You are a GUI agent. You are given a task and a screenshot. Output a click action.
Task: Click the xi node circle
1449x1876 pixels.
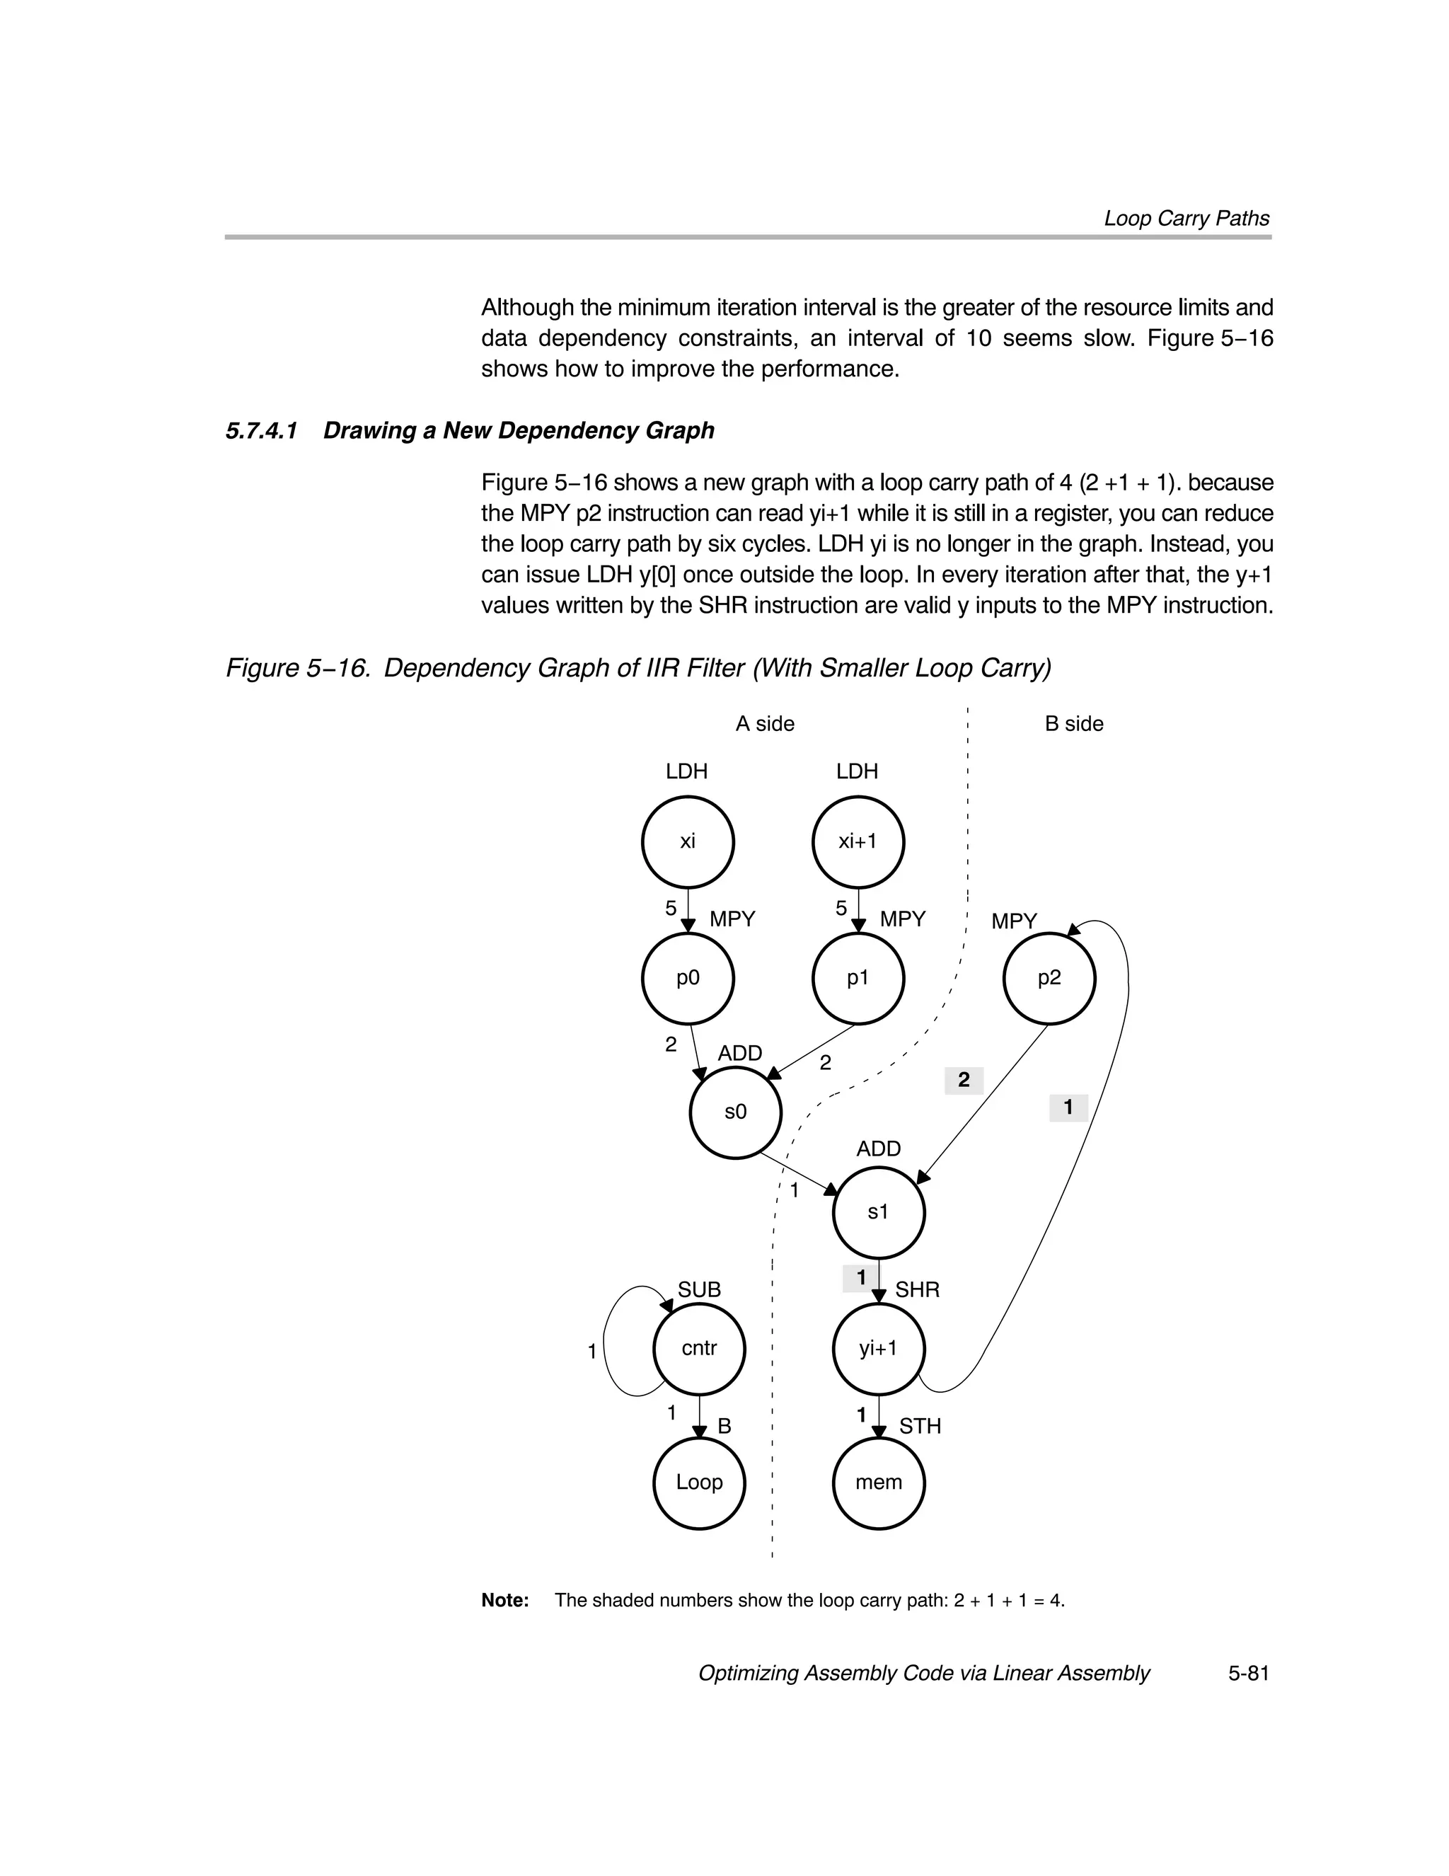click(x=687, y=841)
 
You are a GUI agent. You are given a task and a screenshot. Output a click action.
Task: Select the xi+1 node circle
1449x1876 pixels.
click(x=858, y=841)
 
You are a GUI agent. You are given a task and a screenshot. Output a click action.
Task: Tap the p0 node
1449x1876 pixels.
click(x=687, y=977)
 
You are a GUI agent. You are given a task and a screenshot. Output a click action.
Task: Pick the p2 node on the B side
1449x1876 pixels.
click(x=1048, y=977)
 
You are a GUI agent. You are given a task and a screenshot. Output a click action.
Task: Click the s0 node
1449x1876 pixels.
click(x=735, y=1112)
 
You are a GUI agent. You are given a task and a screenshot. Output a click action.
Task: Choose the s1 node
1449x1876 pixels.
click(x=878, y=1213)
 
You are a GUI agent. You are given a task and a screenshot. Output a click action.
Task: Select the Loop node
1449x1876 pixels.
click(x=698, y=1483)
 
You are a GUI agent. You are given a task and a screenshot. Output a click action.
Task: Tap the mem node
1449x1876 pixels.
click(x=878, y=1483)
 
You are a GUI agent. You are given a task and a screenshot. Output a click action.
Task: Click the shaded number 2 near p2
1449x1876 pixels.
click(x=963, y=1081)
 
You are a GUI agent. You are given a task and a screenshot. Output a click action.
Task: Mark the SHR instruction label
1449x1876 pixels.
click(x=918, y=1289)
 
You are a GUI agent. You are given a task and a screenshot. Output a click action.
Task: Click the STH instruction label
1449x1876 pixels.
click(x=920, y=1426)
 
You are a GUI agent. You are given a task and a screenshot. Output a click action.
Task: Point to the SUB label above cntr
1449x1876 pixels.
click(x=699, y=1289)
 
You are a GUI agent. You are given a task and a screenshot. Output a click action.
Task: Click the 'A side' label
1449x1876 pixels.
click(x=764, y=724)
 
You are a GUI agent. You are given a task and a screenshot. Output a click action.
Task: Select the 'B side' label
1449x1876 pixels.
click(x=1073, y=724)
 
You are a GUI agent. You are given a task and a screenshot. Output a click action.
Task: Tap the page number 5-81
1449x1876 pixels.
click(x=1248, y=1674)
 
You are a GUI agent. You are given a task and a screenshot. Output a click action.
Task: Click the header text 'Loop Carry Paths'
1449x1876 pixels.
click(x=1187, y=218)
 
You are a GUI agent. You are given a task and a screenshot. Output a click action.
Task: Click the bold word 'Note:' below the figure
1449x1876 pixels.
click(x=505, y=1599)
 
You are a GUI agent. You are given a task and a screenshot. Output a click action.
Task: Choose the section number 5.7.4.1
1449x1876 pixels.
click(x=261, y=430)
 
